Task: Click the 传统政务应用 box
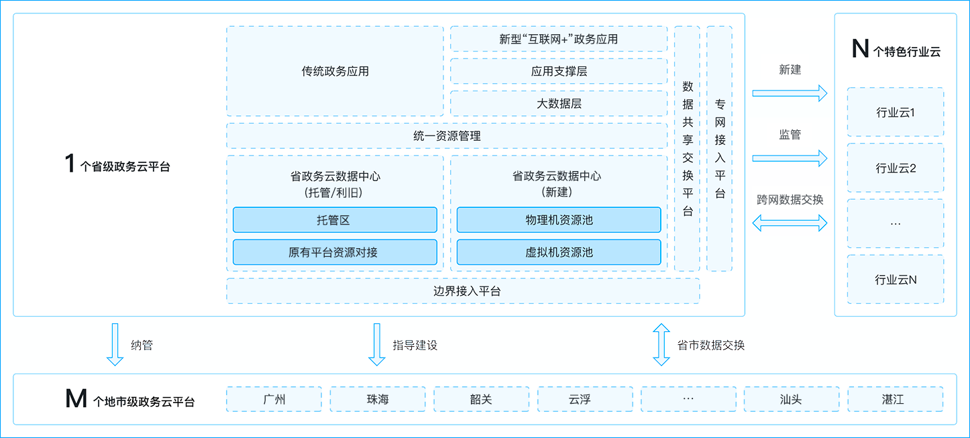coord(335,71)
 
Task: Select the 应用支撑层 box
coord(558,71)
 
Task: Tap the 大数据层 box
coord(558,103)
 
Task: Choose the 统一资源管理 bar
coord(446,135)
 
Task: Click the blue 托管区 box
coord(335,220)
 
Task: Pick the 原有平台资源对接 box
coord(335,252)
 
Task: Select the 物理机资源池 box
coord(558,220)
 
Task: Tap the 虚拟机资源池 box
coord(558,252)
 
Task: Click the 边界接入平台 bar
coord(463,291)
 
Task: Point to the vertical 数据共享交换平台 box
coord(687,149)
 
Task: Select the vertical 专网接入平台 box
coord(719,149)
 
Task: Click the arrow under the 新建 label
coord(790,93)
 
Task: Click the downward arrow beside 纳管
coord(115,345)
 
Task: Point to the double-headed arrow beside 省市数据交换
coord(661,345)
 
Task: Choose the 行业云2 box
coord(895,168)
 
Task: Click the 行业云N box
coord(895,280)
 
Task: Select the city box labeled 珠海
coord(377,399)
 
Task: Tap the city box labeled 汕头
coord(792,399)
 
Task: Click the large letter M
coord(76,399)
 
